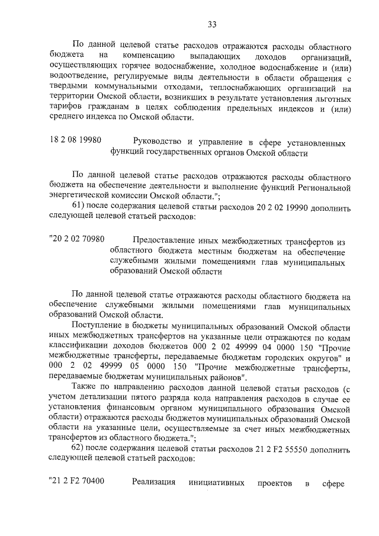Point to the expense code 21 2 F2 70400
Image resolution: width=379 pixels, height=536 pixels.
click(76, 482)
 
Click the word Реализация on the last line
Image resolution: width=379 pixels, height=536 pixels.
click(154, 482)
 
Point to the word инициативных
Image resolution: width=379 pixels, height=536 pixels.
click(216, 482)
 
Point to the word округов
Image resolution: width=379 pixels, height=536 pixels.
click(321, 357)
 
